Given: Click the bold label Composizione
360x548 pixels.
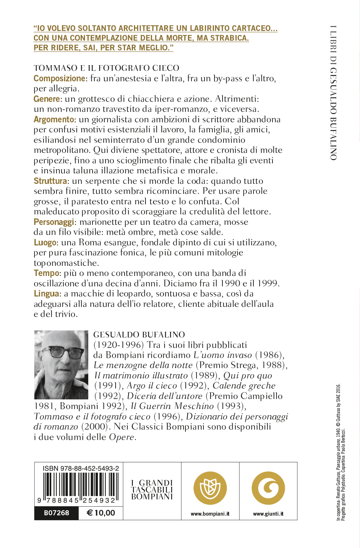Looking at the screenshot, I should pyautogui.click(x=59, y=78).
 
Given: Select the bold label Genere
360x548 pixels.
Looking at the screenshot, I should pyautogui.click(x=47, y=99).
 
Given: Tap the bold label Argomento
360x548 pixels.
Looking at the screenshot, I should pyautogui.click(x=54, y=119).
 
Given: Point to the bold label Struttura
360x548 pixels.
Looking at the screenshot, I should pyautogui.click(x=50, y=181).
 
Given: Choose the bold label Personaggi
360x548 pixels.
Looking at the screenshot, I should pyautogui.click(x=54, y=222).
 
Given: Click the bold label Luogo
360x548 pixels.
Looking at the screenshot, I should pyautogui.click(x=45, y=243).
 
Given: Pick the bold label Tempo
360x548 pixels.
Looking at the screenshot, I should pyautogui.click(x=46, y=273).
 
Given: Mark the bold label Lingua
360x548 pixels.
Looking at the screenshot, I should pyautogui.click(x=46, y=294).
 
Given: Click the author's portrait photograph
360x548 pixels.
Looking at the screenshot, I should pyautogui.click(x=61, y=364).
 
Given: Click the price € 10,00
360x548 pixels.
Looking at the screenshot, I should pyautogui.click(x=101, y=513).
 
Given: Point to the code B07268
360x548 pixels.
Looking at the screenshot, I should pyautogui.click(x=57, y=513).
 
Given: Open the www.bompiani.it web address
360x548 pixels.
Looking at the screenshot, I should pyautogui.click(x=210, y=514).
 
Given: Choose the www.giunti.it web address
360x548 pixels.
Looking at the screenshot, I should pyautogui.click(x=268, y=514).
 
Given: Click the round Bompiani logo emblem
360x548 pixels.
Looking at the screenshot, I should pyautogui.click(x=210, y=488).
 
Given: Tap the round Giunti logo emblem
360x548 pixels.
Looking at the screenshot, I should pyautogui.click(x=268, y=488).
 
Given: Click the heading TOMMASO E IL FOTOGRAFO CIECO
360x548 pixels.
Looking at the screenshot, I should pyautogui.click(x=107, y=68).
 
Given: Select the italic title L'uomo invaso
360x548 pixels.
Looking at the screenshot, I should pyautogui.click(x=222, y=355).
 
